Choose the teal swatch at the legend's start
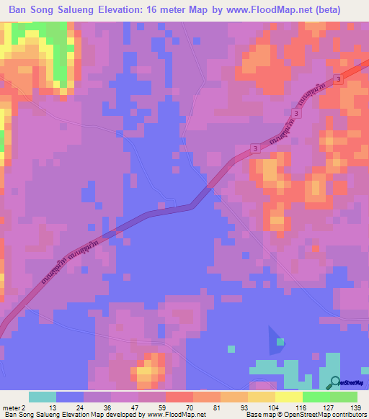[43, 397]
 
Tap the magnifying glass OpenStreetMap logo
[334, 382]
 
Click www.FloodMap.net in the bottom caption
[174, 415]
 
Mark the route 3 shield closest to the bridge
[256, 148]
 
